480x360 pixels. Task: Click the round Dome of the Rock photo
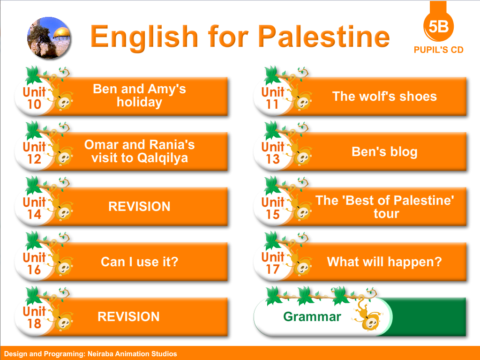tap(49, 37)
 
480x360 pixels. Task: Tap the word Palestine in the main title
tap(324, 37)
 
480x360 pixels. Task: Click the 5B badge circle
tap(438, 26)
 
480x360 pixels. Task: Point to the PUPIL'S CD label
tap(438, 50)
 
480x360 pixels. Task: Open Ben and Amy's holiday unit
tap(139, 96)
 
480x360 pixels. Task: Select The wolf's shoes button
tap(384, 97)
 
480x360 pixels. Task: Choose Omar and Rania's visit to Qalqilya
tap(139, 151)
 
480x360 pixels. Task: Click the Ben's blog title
tap(384, 151)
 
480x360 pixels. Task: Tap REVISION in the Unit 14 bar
tap(139, 206)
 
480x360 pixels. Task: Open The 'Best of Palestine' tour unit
tap(384, 207)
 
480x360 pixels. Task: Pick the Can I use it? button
tap(139, 262)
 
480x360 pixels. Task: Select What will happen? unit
tap(384, 262)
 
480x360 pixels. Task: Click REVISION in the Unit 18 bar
tap(128, 316)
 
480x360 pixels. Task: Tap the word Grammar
tap(312, 316)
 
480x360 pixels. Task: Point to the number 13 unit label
tap(272, 159)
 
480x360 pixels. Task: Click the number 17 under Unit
tap(272, 270)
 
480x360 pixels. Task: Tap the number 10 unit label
tap(34, 105)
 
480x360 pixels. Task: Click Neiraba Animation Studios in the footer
tap(132, 354)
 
